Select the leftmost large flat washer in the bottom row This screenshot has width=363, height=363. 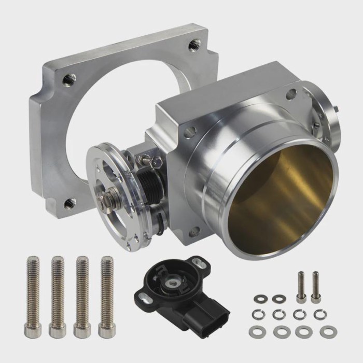258,332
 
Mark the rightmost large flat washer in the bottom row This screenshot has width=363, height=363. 327,332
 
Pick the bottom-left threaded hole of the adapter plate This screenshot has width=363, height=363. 69,204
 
